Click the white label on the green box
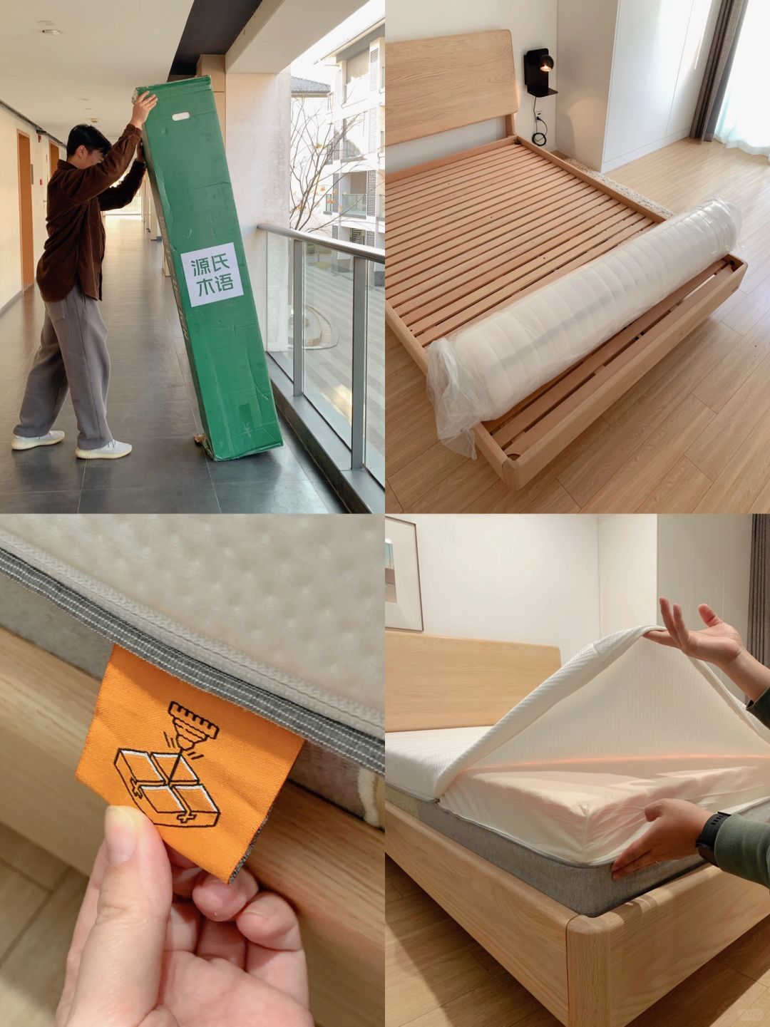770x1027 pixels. (x=212, y=274)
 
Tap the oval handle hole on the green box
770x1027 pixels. (x=180, y=116)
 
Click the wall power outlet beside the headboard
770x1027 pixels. (x=538, y=115)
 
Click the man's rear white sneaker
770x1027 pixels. (x=38, y=440)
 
